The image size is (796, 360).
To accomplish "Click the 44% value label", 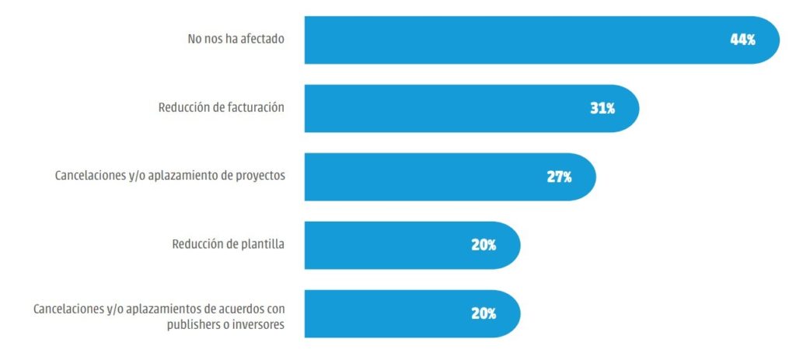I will [x=742, y=40].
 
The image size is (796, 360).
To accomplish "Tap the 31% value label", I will [x=602, y=108].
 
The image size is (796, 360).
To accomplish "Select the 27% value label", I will [x=559, y=177].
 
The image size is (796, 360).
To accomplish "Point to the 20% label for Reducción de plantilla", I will [x=484, y=245].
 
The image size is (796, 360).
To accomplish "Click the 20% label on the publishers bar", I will [x=484, y=313].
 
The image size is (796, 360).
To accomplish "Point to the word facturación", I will [x=254, y=107].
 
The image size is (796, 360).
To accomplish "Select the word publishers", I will [x=193, y=324].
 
